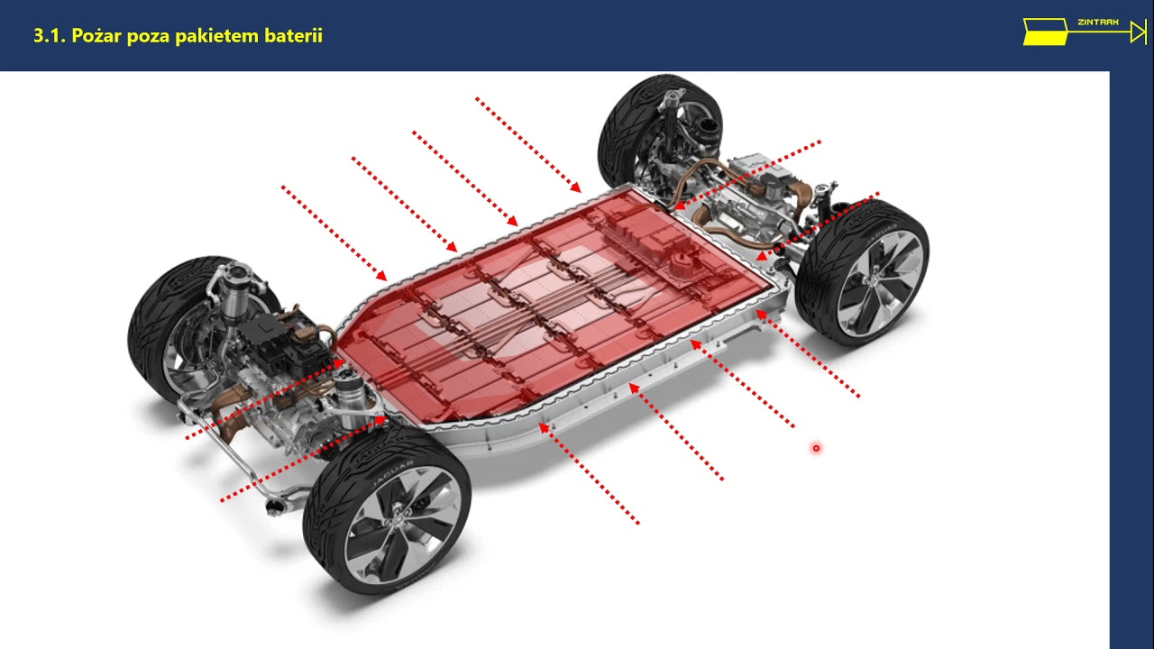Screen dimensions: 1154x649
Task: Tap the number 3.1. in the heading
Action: coord(50,35)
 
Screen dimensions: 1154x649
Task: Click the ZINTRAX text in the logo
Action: coord(1098,23)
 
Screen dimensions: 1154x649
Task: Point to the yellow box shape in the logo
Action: coord(1045,32)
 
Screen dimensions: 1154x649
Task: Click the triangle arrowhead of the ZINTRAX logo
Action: coord(1138,32)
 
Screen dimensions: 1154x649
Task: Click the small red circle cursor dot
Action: coord(816,448)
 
